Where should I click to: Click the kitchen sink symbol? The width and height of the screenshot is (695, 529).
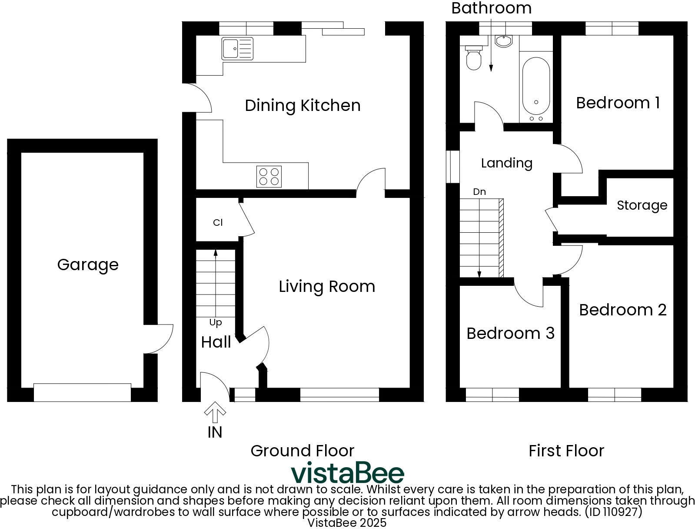click(237, 48)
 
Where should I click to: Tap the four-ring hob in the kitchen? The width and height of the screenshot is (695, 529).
click(269, 176)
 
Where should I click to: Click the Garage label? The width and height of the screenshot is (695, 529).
click(88, 264)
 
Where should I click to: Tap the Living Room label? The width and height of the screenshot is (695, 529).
click(327, 286)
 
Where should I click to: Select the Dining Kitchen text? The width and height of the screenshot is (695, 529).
click(303, 105)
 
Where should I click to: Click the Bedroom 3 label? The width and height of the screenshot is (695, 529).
click(510, 333)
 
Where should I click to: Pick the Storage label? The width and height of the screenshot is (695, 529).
click(642, 205)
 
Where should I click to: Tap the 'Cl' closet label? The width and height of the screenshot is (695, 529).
click(218, 223)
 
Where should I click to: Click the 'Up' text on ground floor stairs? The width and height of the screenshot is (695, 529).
click(216, 322)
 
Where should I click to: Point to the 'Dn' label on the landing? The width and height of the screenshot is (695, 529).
click(479, 192)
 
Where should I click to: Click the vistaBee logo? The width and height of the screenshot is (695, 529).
click(347, 473)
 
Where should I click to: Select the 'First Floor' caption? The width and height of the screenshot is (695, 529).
click(566, 451)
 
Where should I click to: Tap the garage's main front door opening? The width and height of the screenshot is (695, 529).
click(82, 392)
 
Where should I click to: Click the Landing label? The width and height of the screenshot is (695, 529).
click(506, 163)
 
